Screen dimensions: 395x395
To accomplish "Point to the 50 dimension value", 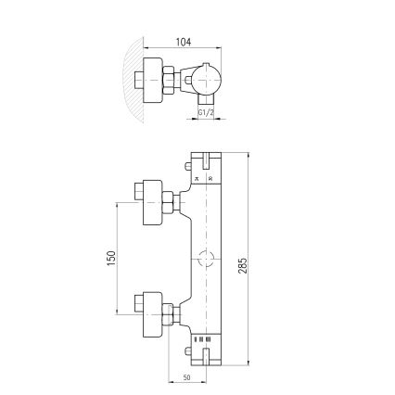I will [x=186, y=378].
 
